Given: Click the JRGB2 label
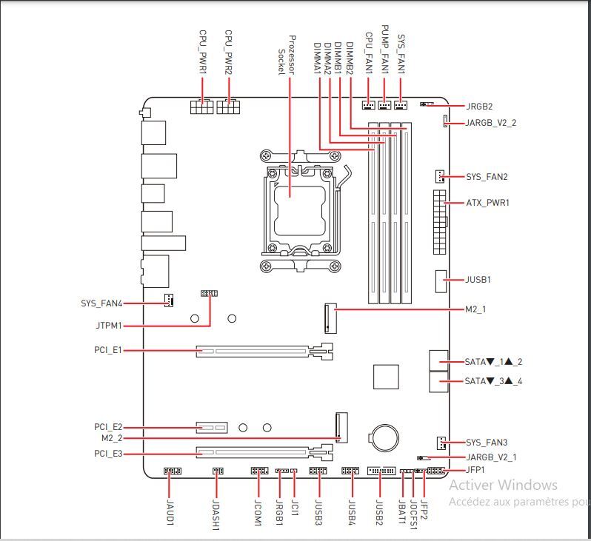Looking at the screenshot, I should [479, 107].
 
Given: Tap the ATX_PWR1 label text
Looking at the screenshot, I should [487, 203].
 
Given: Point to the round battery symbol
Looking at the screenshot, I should [385, 437].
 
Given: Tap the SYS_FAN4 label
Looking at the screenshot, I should [101, 303].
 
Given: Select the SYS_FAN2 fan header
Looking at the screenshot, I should [440, 177].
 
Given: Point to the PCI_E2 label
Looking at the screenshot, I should [108, 427].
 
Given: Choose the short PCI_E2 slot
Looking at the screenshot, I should [213, 427].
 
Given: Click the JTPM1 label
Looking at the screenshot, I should [108, 326].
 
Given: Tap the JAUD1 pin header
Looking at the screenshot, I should [172, 471].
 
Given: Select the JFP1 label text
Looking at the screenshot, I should [475, 470].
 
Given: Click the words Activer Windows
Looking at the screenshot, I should [503, 485].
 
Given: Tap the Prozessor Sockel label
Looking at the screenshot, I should [287, 54].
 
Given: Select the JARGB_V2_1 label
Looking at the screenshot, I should [491, 457].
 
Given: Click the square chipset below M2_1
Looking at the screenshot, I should [386, 377].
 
